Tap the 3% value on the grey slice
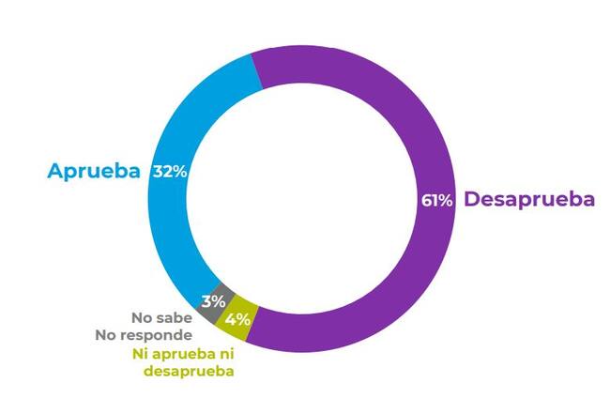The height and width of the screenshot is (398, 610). click(213, 301)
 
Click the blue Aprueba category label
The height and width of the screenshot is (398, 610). click(95, 172)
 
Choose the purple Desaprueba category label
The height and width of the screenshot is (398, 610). click(529, 199)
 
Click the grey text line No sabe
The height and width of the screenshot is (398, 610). click(162, 318)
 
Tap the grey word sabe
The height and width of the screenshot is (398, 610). click(175, 318)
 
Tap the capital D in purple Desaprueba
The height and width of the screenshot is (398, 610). click(472, 199)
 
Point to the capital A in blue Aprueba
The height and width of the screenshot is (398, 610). click(56, 172)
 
